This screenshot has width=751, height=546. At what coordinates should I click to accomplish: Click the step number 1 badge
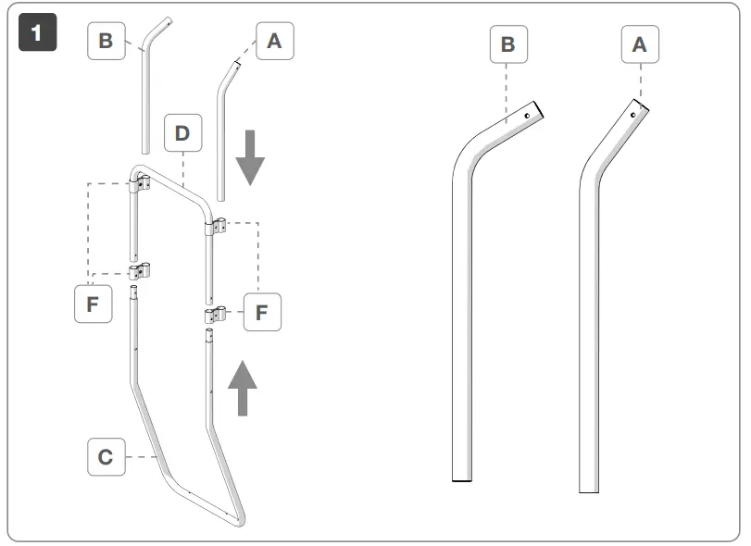pos(37,35)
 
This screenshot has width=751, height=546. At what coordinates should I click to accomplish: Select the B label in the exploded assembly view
pos(106,42)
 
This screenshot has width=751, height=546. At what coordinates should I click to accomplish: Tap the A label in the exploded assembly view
pos(274,42)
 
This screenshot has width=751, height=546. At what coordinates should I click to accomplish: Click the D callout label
pos(182,133)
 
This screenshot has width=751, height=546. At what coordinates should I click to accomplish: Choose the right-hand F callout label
pos(262,312)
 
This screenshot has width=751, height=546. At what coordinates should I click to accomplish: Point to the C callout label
pos(106,457)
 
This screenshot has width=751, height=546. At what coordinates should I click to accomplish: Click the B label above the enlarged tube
pos(507,44)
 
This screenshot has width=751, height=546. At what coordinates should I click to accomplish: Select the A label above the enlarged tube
pos(639,43)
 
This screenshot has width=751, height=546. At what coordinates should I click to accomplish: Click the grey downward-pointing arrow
pos(249,158)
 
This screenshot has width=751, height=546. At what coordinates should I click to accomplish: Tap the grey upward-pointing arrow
pos(244,387)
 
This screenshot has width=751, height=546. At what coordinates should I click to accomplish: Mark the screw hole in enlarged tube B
pos(526,117)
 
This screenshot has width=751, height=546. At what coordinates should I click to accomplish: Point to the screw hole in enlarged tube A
pos(633,115)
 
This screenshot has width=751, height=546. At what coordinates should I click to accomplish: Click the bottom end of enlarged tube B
pos(463,479)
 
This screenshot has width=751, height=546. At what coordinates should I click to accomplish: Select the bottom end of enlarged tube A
pos(590,490)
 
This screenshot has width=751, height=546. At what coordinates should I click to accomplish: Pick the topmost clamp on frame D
pos(139,185)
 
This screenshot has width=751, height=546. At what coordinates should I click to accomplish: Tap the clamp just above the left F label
pos(140,271)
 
